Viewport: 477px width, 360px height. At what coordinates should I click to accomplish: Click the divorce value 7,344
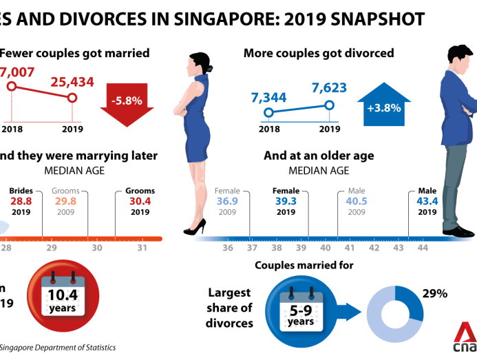pyautogui.click(x=268, y=97)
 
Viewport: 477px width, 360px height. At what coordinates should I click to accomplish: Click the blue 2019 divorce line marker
pyautogui.click(x=329, y=105)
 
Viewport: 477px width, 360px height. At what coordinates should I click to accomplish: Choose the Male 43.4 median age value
pyautogui.click(x=427, y=201)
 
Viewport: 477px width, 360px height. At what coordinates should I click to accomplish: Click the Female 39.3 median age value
pyautogui.click(x=285, y=201)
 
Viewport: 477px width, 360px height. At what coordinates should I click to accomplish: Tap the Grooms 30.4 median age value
pyautogui.click(x=140, y=201)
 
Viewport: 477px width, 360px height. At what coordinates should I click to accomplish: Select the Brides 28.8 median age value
pyautogui.click(x=21, y=201)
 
